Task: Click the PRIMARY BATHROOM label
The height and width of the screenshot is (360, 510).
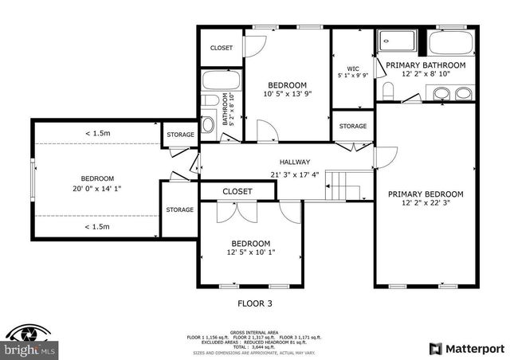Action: pos(426,65)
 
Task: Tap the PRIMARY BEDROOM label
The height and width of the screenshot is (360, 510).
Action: pos(426,194)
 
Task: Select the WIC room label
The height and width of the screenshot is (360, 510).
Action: pos(353,68)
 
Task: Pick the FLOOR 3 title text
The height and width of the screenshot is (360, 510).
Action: pos(255,303)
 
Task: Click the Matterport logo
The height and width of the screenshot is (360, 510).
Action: pos(466,348)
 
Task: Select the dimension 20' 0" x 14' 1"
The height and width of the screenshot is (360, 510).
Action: pos(96,189)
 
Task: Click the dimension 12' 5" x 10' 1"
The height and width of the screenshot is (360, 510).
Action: pos(249,254)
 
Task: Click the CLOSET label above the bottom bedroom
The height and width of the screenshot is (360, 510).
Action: pos(237,191)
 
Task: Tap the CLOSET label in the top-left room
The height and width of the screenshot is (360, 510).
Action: pos(222,48)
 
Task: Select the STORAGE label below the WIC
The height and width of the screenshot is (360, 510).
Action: pos(353,126)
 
